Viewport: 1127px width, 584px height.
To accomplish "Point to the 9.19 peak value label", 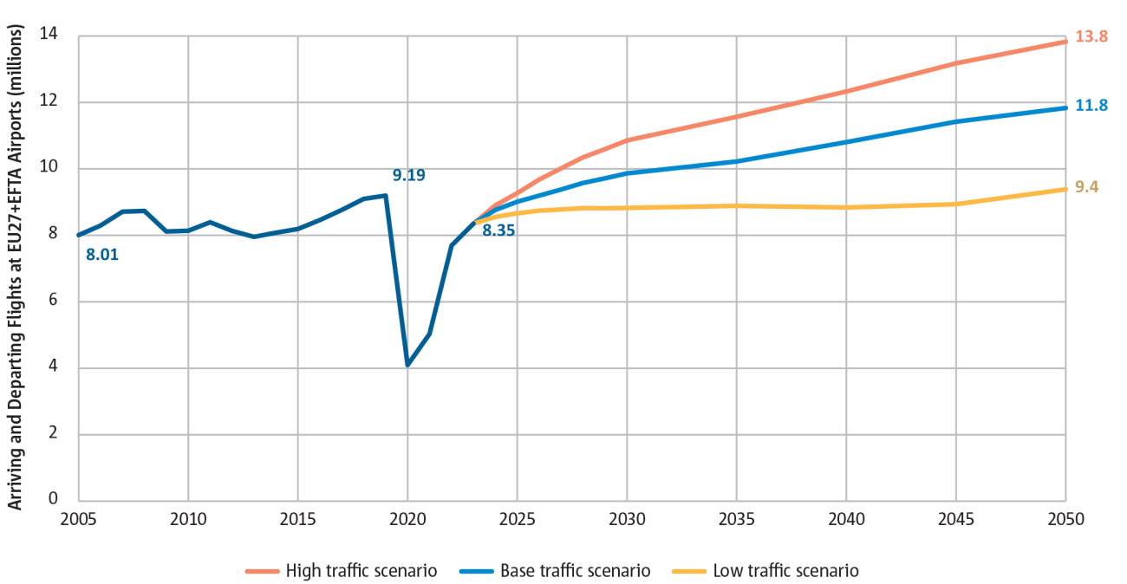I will coord(408,175).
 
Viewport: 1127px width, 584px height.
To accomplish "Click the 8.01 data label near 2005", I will coord(102,255).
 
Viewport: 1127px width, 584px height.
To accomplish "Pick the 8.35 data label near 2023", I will coord(498,230).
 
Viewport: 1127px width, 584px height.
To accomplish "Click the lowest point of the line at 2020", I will coord(407,365).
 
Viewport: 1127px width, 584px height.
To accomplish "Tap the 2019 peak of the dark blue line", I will coord(385,195).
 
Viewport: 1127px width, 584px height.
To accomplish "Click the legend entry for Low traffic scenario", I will coord(773,571).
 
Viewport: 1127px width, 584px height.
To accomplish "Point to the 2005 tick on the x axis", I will coord(79,519).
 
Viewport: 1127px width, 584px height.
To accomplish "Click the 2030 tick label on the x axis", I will coord(627,519).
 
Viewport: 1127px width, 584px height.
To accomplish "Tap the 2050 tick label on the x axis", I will coord(1065,519).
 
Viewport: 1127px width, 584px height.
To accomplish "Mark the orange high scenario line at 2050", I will coord(1065,42).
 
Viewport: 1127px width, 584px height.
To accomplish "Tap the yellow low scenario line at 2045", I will coord(955,204).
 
